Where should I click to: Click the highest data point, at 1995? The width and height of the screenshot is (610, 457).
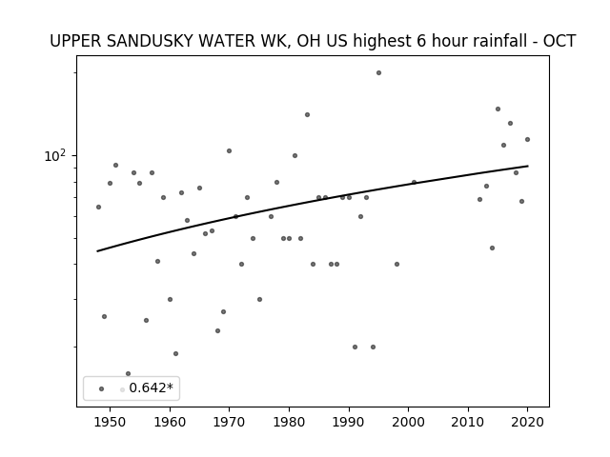tap(378, 73)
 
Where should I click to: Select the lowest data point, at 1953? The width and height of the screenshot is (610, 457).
tap(128, 374)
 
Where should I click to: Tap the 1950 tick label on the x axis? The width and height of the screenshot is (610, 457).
tap(111, 422)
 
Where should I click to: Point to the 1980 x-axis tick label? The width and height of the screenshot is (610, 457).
tap(289, 422)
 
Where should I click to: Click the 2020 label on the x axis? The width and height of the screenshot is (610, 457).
tap(527, 422)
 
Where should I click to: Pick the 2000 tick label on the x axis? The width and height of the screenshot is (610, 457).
tap(409, 422)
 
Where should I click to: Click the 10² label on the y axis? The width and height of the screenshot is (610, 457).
tap(55, 156)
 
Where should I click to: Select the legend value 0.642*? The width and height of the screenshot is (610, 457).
tap(151, 387)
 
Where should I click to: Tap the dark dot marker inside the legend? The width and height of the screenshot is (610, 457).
tap(102, 389)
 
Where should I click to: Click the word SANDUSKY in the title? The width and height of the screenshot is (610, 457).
tap(150, 41)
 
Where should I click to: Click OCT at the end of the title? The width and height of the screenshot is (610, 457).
tap(559, 41)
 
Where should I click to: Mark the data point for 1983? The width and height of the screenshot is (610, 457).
tap(307, 114)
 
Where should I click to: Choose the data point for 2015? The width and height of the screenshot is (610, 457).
tap(498, 109)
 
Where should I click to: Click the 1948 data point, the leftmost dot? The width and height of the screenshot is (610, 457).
tap(98, 208)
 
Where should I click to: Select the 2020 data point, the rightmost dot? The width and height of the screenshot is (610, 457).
tap(527, 140)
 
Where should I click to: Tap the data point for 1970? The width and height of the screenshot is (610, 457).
tap(229, 150)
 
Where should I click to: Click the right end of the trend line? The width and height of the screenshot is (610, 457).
tap(528, 166)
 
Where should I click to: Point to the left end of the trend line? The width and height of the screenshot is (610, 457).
tap(97, 251)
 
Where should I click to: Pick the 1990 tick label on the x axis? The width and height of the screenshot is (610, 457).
tap(349, 422)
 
